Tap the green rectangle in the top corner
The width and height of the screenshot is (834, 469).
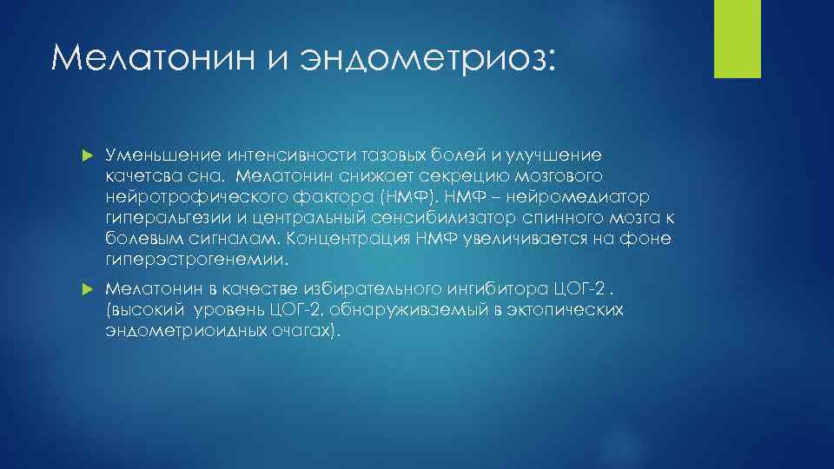tap(737, 38)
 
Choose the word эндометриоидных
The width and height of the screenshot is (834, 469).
tap(182, 331)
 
